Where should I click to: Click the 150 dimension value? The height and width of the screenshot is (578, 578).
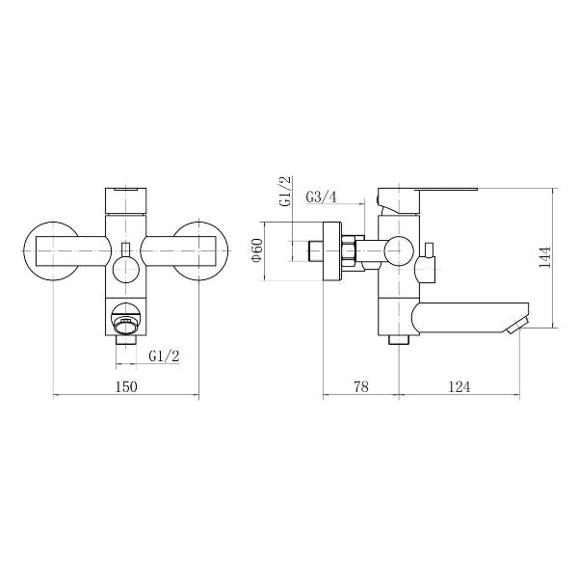point(126,386)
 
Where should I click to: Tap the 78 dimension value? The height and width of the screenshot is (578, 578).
point(361,386)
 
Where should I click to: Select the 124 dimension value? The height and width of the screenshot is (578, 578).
point(460,386)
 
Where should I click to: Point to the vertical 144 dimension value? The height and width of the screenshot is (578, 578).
point(545,257)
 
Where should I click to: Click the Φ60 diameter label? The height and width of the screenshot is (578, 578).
point(256,250)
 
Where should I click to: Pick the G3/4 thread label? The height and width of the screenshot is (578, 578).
point(322,197)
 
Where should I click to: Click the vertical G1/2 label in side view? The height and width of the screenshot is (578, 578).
point(285,192)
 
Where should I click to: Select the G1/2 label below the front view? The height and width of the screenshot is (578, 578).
point(164,356)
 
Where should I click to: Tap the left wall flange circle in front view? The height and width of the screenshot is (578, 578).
point(25,250)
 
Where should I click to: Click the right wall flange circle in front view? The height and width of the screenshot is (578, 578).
point(227,250)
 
